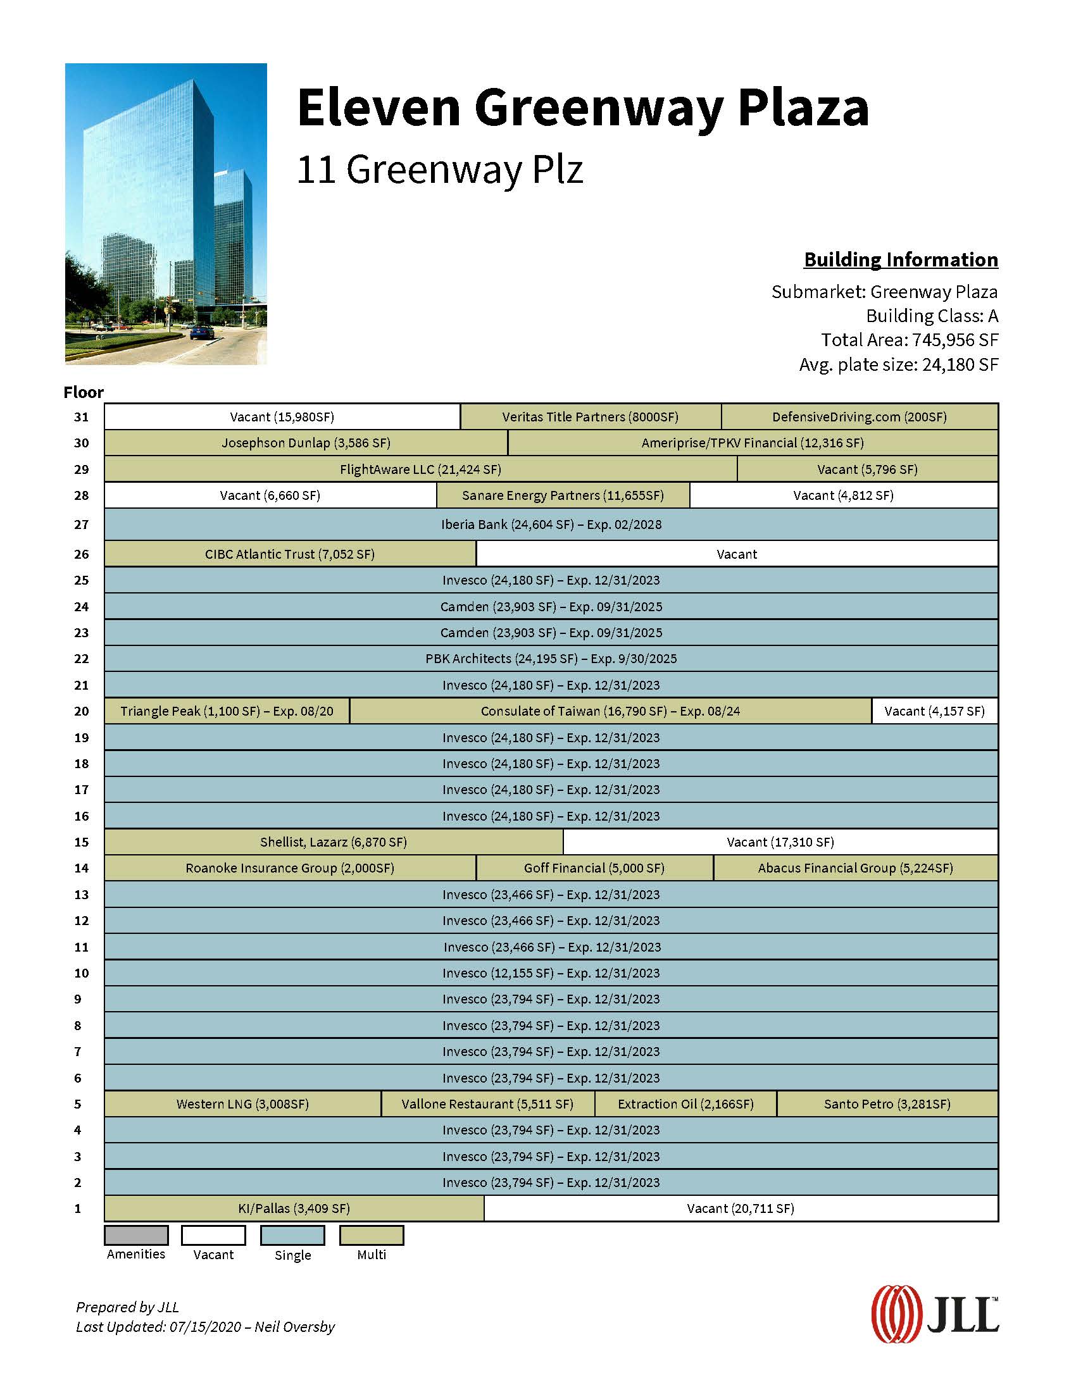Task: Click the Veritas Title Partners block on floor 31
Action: pos(591,417)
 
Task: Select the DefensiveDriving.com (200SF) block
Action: pos(860,417)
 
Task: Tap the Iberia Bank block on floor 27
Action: pos(551,525)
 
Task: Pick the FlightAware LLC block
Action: pos(420,469)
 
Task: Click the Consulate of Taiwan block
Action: pos(610,711)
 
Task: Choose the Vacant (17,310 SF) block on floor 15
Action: pos(780,842)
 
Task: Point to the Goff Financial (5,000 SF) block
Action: pos(594,868)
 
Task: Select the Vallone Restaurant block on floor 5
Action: pos(487,1104)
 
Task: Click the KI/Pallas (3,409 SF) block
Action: pos(294,1209)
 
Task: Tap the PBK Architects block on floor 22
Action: pos(551,659)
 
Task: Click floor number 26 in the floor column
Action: pos(82,554)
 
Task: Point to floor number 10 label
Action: pos(82,973)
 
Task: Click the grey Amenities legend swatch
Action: pos(137,1235)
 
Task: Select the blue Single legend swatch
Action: pos(292,1235)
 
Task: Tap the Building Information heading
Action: pos(901,260)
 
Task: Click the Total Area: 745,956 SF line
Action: pos(909,340)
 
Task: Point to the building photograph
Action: pos(166,213)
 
